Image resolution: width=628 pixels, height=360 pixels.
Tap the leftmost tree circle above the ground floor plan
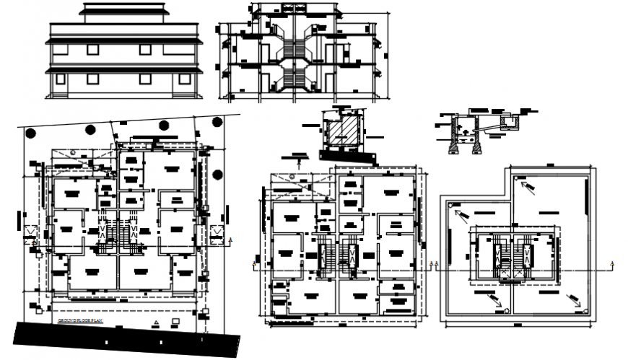pos(29,133)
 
